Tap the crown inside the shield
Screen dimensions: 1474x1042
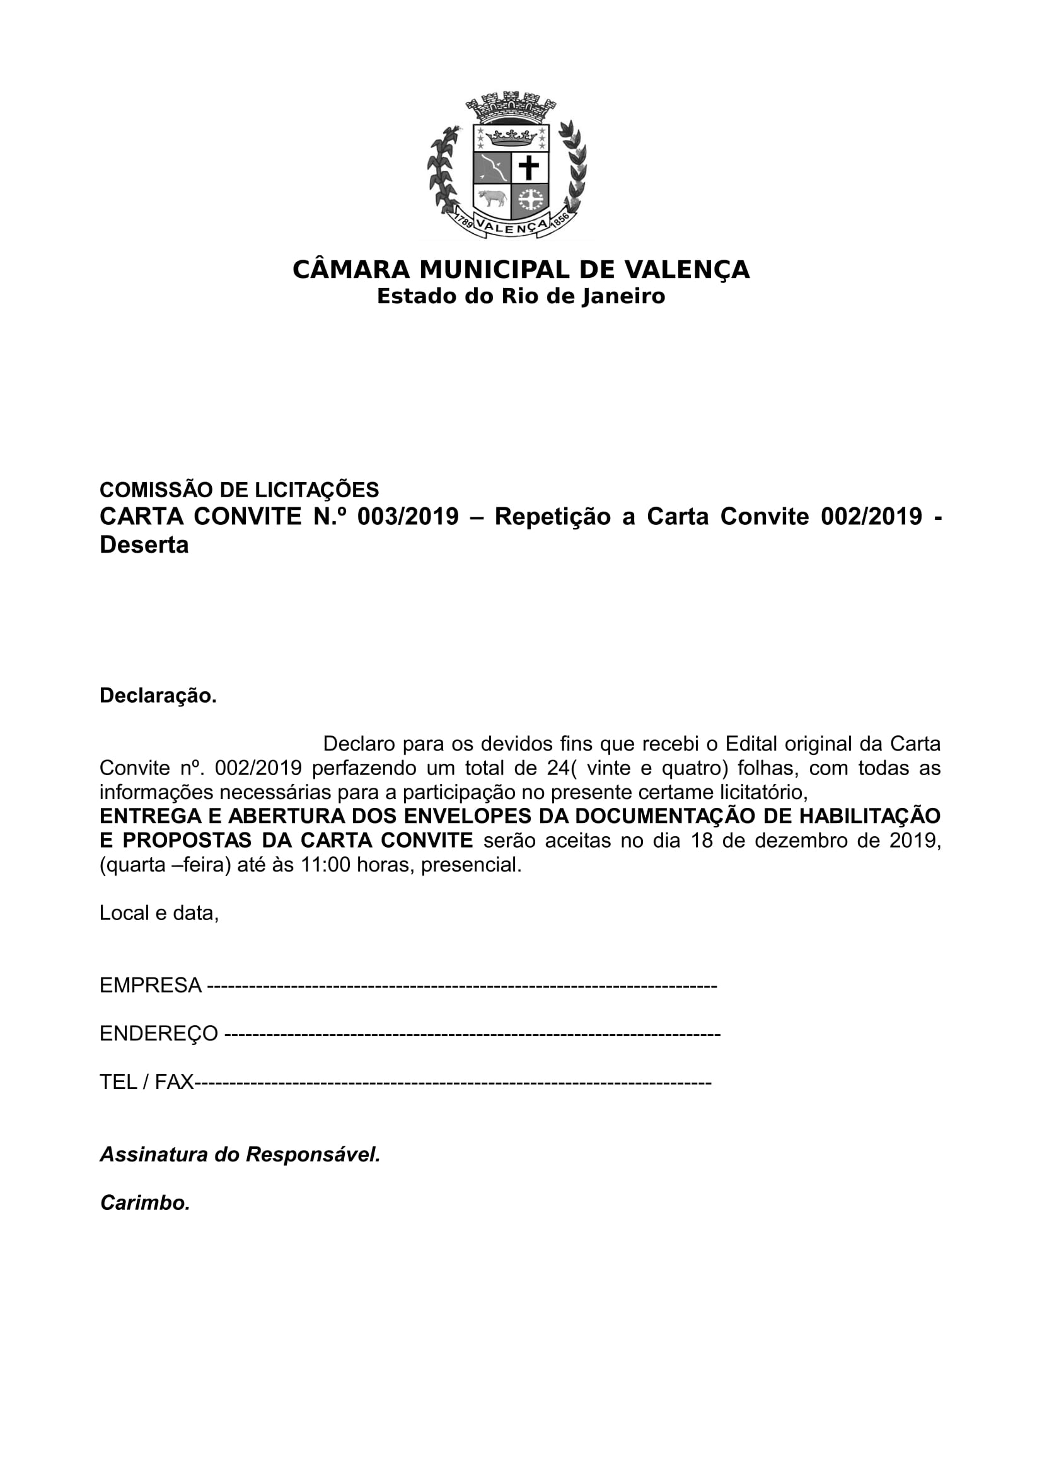511,137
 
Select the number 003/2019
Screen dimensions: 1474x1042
408,517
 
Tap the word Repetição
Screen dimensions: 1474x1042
552,517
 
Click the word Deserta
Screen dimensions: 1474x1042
144,545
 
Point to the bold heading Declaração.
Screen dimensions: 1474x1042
158,696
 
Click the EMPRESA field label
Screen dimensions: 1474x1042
150,986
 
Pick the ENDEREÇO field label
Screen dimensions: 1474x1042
159,1034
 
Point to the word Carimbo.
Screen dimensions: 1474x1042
145,1204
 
